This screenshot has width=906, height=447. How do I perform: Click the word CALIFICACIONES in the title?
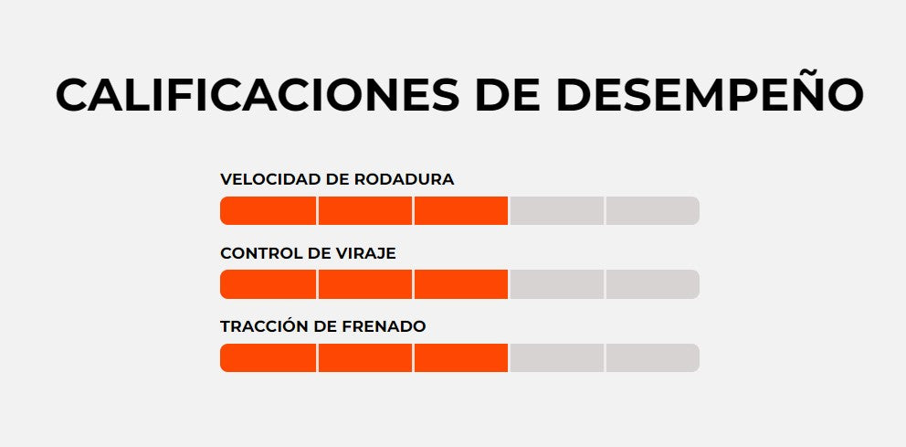click(255, 95)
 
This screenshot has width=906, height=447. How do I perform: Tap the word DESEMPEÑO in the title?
click(710, 95)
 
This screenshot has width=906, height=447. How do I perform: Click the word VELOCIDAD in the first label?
click(265, 179)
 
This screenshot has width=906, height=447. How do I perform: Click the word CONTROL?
click(258, 253)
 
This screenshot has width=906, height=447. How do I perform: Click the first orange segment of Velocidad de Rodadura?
click(269, 210)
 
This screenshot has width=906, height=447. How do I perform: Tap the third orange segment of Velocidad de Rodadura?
click(461, 210)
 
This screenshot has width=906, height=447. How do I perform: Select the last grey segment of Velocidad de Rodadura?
click(652, 210)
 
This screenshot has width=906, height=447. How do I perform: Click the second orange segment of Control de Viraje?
click(365, 284)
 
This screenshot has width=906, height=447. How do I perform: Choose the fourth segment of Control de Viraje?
click(556, 284)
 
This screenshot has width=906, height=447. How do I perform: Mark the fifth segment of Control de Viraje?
click(652, 284)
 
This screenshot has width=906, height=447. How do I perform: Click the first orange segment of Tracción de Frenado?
click(269, 357)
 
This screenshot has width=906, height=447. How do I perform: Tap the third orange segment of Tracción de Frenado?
click(461, 357)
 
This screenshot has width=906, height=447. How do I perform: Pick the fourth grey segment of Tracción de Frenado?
click(556, 357)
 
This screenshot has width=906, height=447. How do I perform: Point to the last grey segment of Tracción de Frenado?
click(652, 357)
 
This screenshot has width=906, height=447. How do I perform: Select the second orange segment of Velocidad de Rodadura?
click(365, 210)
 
